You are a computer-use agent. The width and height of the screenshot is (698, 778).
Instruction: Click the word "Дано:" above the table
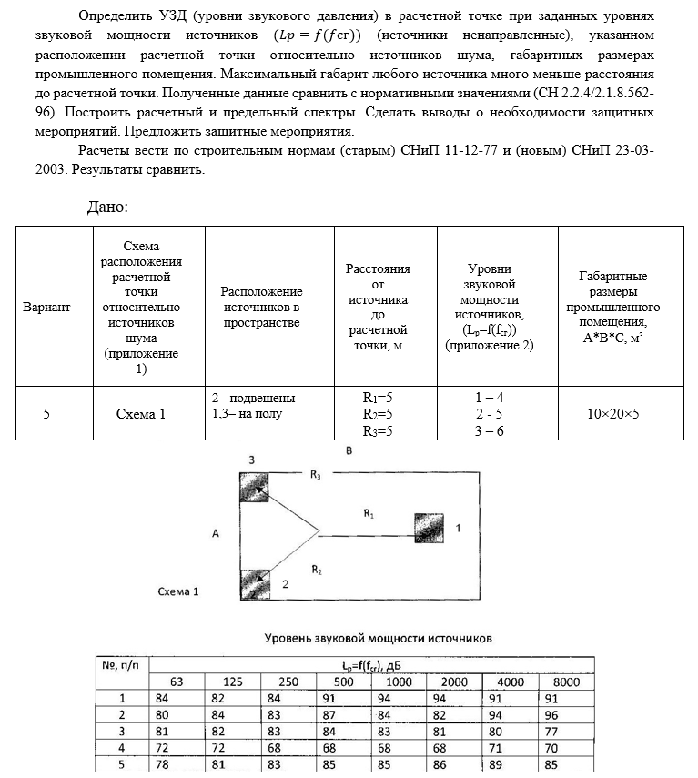coord(107,207)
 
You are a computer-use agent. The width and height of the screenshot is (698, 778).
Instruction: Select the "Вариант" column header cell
coord(46,307)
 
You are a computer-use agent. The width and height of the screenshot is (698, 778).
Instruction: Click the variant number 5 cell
coord(46,414)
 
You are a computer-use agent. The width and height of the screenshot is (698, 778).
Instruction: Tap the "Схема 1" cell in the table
coord(141,414)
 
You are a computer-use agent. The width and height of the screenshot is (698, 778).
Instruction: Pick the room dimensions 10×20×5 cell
coord(612,414)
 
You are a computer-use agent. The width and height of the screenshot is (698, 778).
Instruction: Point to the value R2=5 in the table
coord(377,414)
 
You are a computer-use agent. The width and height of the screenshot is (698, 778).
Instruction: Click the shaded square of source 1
coord(428,528)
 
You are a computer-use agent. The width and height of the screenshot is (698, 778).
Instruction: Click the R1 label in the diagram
coord(369,513)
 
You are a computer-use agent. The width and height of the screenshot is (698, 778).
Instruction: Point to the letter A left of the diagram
coord(216,534)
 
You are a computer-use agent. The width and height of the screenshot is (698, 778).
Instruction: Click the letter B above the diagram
coord(348,451)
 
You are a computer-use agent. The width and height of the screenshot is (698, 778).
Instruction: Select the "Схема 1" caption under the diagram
coord(178,591)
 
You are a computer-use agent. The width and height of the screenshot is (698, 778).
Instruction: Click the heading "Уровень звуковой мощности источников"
coord(378,638)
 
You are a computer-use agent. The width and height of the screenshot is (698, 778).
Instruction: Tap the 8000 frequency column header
coord(566,682)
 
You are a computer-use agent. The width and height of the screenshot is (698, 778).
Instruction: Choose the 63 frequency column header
coord(176,682)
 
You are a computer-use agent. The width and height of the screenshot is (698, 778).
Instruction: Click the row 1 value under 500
coord(344,699)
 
